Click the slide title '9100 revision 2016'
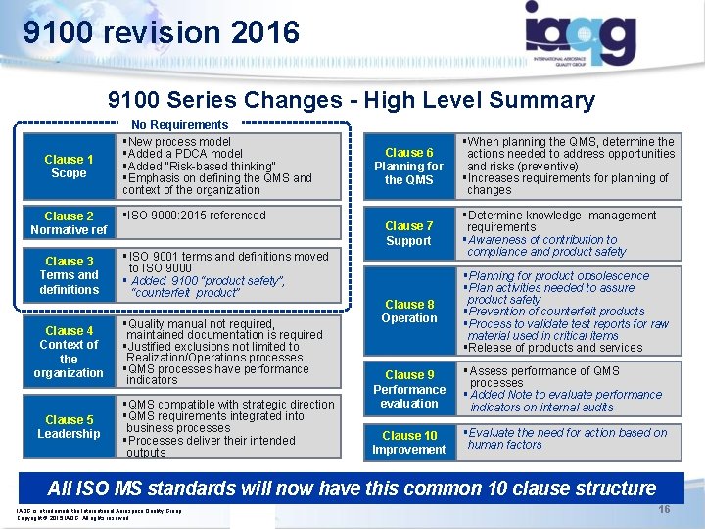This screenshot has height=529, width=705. pyautogui.click(x=162, y=33)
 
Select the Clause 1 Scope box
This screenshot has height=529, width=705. pyautogui.click(x=69, y=167)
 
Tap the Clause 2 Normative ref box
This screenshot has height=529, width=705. pyautogui.click(x=69, y=223)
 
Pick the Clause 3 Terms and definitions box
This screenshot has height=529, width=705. pyautogui.click(x=69, y=275)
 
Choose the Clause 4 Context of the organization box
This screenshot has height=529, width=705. pyautogui.click(x=69, y=352)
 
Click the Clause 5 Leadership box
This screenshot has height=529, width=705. pyautogui.click(x=69, y=427)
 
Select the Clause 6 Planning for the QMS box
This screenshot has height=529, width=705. pyautogui.click(x=409, y=167)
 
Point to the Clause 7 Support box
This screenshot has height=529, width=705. pyautogui.click(x=409, y=233)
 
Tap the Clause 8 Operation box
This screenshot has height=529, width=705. pyautogui.click(x=409, y=312)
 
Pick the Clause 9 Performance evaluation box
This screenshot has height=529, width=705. pyautogui.click(x=409, y=389)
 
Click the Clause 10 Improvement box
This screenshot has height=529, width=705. pyautogui.click(x=409, y=443)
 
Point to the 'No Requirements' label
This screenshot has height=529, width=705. pyautogui.click(x=180, y=125)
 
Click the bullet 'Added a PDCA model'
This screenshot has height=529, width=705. pyautogui.click(x=184, y=154)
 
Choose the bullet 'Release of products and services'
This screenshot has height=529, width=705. pyautogui.click(x=556, y=348)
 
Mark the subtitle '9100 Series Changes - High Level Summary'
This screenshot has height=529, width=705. pyautogui.click(x=352, y=100)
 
